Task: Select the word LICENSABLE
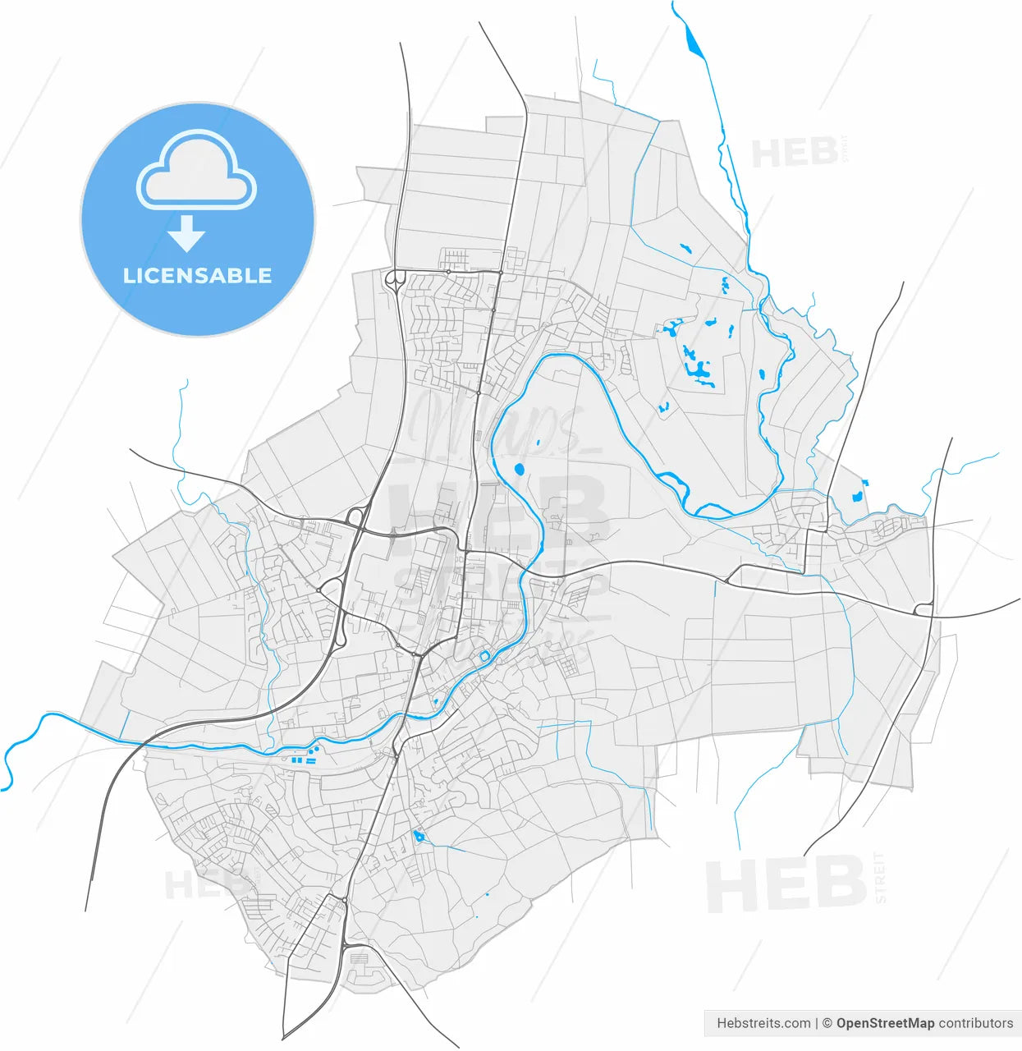tap(197, 276)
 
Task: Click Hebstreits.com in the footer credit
tap(763, 1023)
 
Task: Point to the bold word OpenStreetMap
tap(885, 1023)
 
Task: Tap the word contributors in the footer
tap(976, 1023)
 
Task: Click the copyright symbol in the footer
tap(827, 1023)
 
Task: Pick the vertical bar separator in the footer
tap(817, 1023)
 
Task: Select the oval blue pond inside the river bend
tap(519, 470)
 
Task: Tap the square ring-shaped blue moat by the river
tap(484, 655)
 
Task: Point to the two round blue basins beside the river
tap(314, 750)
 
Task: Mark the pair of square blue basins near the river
tap(298, 762)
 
